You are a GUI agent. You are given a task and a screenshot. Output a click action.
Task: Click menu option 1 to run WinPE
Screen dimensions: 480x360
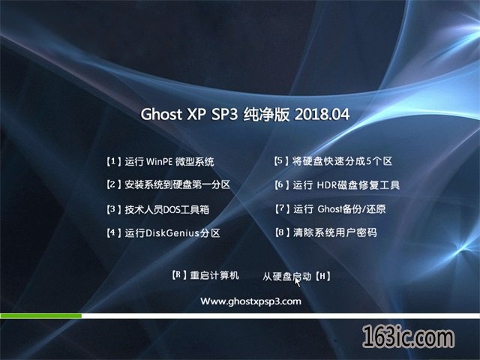[160, 161]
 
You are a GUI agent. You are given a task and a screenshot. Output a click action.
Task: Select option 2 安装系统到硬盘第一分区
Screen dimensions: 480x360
[168, 184]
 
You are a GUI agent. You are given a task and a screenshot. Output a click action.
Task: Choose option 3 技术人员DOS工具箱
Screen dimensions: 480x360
[157, 209]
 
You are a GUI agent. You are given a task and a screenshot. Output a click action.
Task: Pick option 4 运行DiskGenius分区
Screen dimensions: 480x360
[163, 233]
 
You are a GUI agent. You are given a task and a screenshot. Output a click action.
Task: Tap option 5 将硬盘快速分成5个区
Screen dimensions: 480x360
[333, 161]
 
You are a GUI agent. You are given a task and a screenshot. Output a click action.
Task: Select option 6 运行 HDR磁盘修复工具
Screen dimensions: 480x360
[337, 185]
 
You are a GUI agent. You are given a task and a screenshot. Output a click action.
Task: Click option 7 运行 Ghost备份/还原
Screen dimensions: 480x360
[330, 209]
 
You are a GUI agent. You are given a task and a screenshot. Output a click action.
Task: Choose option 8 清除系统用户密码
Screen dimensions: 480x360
[325, 232]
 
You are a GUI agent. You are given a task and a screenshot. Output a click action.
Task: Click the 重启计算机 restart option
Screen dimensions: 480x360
[214, 275]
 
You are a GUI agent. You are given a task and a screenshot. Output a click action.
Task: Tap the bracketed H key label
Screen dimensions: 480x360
[322, 277]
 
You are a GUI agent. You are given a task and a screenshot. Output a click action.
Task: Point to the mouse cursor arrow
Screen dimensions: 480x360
[297, 282]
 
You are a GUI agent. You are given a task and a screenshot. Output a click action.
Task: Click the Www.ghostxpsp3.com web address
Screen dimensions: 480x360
[250, 301]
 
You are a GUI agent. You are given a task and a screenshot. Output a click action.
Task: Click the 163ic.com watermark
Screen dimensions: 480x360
[408, 337]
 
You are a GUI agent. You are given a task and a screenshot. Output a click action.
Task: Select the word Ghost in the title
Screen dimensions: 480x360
[161, 114]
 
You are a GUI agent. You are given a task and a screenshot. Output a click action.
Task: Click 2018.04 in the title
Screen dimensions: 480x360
[322, 114]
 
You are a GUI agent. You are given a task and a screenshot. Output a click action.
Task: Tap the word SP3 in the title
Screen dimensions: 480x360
[224, 114]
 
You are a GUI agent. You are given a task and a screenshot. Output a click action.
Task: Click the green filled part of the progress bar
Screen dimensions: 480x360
[40, 316]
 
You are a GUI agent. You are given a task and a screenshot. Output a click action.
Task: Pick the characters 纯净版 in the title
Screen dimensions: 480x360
[266, 115]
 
